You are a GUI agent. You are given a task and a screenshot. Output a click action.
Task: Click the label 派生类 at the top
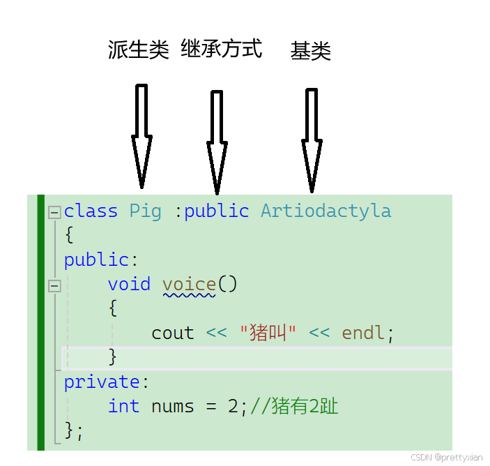click(x=139, y=50)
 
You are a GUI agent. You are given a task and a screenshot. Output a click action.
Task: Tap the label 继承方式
click(x=221, y=49)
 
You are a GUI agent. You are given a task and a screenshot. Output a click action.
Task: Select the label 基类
click(x=310, y=51)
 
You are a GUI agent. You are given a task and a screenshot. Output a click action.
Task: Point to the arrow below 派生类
click(x=141, y=136)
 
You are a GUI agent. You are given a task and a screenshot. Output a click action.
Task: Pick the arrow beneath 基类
click(x=312, y=140)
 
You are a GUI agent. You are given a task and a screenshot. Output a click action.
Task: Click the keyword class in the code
click(x=91, y=211)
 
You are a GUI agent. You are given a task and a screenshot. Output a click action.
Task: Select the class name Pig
click(x=145, y=211)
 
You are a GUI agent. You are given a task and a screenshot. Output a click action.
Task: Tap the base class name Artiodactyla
click(x=326, y=211)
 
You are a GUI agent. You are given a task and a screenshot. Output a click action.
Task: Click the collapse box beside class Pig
click(x=54, y=212)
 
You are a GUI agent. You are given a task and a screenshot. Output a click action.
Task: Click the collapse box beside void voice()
click(x=54, y=285)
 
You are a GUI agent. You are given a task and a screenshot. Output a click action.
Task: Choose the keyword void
click(x=129, y=284)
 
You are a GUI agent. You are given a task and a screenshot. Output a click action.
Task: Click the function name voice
click(x=189, y=284)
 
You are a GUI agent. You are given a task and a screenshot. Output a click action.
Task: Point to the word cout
click(x=172, y=333)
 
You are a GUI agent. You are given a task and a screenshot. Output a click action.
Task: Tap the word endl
click(x=363, y=333)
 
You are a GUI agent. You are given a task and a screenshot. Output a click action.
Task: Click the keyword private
click(x=102, y=382)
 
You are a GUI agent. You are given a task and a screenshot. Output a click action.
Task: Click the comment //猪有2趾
click(x=293, y=406)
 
